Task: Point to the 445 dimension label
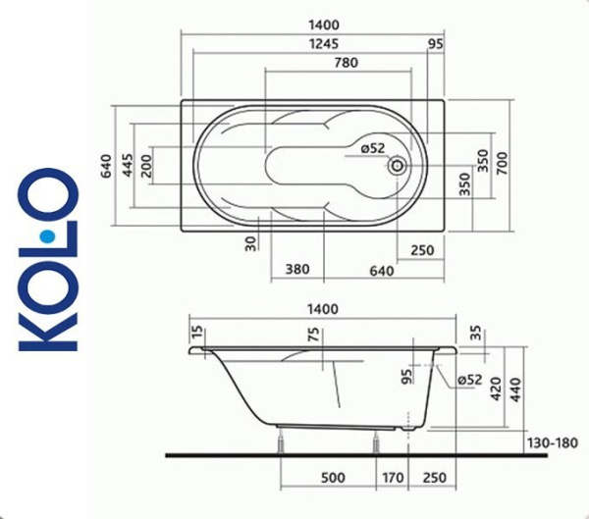127,164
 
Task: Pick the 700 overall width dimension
503,163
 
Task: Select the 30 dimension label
250,241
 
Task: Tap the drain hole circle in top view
398,165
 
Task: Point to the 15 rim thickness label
197,334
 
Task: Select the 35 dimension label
477,334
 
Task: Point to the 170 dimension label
392,478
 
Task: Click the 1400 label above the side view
322,308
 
